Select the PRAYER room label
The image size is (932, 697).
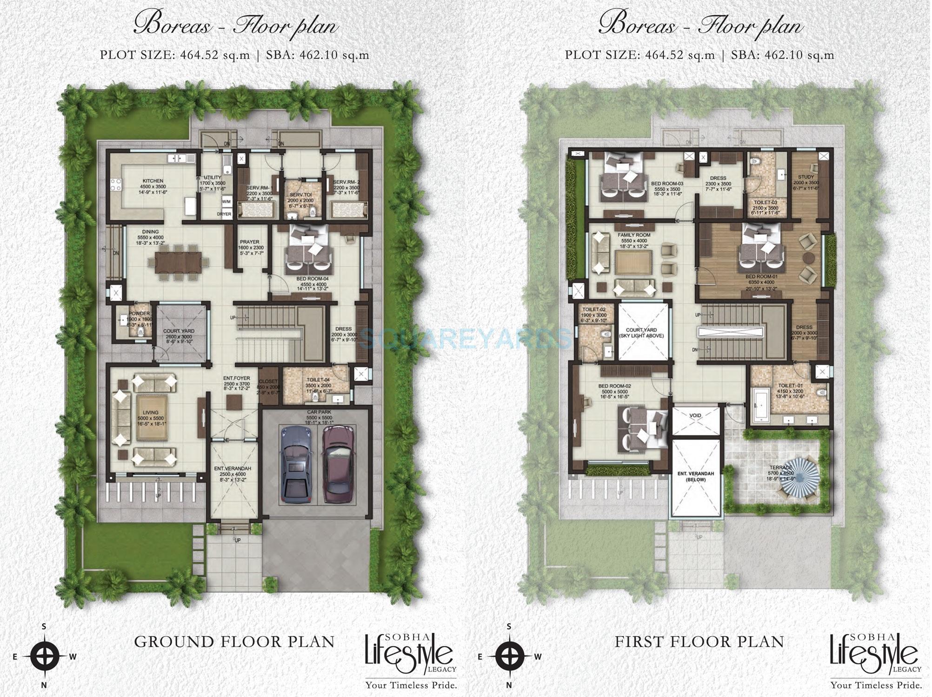coord(250,242)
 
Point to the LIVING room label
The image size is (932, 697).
coord(151,412)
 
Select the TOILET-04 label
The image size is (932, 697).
coord(318,380)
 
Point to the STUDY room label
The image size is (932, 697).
coord(806,177)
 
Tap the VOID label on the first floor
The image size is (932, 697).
coord(695,415)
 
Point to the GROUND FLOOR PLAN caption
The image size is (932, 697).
coord(234,642)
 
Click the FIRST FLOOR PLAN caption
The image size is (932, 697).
coord(699,642)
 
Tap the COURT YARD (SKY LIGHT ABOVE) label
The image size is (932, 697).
coord(641,333)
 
